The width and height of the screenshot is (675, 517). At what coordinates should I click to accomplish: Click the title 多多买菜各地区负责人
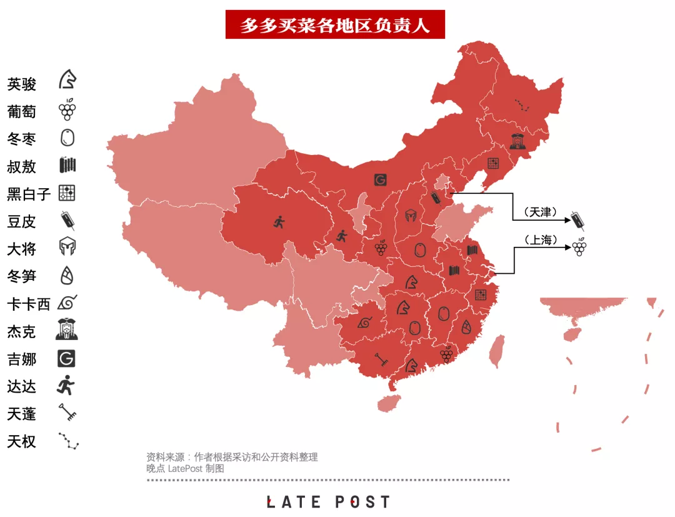(x=335, y=25)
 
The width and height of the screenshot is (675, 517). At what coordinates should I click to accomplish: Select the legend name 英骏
(x=22, y=84)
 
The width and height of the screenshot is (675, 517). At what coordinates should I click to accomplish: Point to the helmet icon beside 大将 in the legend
(x=67, y=248)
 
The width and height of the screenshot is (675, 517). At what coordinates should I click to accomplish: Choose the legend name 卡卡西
(x=29, y=304)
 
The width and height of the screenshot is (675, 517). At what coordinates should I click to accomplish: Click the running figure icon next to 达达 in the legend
(x=66, y=386)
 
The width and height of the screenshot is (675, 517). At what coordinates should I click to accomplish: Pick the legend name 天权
(x=22, y=442)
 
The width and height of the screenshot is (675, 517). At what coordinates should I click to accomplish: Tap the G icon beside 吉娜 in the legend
(x=66, y=359)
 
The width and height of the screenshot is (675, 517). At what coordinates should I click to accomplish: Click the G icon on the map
(x=380, y=181)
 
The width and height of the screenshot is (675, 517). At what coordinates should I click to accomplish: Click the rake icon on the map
(x=381, y=358)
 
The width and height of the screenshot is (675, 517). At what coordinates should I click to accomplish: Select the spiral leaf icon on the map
(x=364, y=323)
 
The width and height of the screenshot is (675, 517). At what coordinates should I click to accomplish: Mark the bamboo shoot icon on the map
(x=466, y=326)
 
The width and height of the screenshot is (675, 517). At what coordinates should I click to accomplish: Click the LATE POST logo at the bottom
(x=329, y=502)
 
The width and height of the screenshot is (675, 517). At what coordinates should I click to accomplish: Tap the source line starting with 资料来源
(x=232, y=457)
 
